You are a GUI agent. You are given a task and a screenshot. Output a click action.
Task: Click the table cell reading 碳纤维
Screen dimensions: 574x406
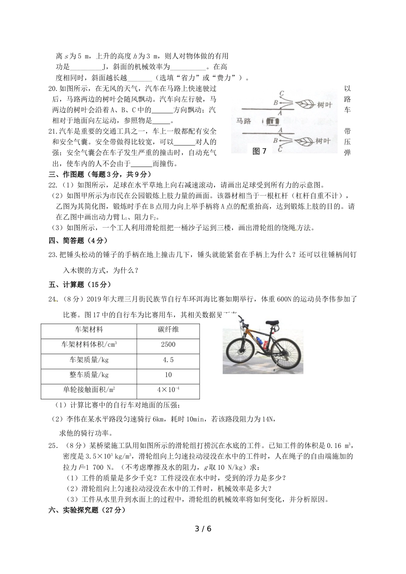point(168,329)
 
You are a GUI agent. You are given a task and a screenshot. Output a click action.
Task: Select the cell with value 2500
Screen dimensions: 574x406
point(168,345)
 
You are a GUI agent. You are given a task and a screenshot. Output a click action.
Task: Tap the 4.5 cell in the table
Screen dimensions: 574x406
point(168,360)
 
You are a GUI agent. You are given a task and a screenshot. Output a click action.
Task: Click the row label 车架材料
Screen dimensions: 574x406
point(89,329)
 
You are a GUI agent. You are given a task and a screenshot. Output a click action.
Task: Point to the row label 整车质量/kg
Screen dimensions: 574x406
point(89,375)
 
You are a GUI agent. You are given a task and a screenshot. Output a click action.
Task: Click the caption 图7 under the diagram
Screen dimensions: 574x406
point(259,151)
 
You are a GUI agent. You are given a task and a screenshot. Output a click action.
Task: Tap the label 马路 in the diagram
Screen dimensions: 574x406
point(244,121)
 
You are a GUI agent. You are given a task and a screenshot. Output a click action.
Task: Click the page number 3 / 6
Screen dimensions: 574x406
point(203,529)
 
